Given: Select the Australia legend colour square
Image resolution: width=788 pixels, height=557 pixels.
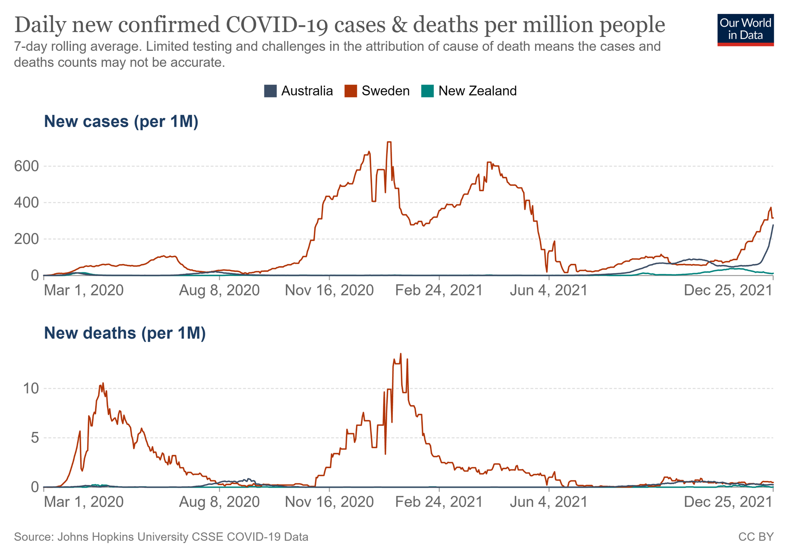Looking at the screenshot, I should [x=270, y=91].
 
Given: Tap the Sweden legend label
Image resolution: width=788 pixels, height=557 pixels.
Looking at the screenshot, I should [x=385, y=91].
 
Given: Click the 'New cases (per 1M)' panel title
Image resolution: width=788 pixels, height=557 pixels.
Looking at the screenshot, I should [x=121, y=121].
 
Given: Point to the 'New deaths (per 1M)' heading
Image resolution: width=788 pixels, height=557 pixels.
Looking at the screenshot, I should [x=125, y=333].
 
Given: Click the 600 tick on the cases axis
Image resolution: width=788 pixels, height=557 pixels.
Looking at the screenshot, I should [x=26, y=166].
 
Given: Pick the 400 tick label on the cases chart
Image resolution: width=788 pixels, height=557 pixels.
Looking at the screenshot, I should [x=26, y=202].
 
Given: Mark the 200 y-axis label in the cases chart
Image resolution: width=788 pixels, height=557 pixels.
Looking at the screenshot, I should [x=26, y=239].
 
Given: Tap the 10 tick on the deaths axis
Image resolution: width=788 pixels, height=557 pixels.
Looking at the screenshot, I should [x=31, y=389].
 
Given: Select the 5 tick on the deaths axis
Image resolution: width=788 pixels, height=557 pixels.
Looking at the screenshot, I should [x=35, y=438].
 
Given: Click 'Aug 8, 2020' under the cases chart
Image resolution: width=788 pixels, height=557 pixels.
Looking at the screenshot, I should [x=219, y=290].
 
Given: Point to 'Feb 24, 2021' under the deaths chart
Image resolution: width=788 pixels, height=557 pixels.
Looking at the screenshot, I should [x=439, y=502].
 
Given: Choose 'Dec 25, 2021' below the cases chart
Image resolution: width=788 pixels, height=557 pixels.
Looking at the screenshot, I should [x=728, y=290].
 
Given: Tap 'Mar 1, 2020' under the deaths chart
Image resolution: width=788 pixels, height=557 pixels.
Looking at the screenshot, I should [x=84, y=502].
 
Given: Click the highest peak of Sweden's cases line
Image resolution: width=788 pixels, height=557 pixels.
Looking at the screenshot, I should [x=389, y=142].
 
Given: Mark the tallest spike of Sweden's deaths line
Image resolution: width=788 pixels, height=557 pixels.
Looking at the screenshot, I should [x=400, y=354].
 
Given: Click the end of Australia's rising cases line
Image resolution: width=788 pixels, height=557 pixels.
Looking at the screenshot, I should [x=773, y=225].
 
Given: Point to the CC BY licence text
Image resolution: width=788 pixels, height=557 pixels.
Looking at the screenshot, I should [x=756, y=537].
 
